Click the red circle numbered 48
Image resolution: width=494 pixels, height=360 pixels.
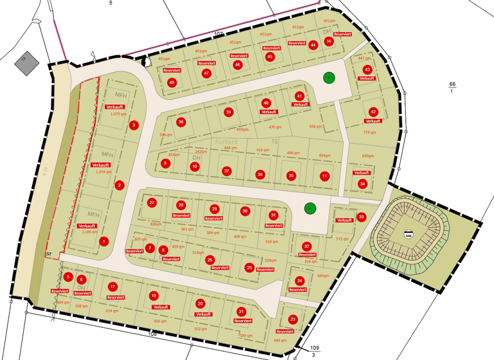[172, 82]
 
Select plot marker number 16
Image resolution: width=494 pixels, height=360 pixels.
[329, 41]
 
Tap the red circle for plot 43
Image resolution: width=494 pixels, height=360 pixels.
[367, 69]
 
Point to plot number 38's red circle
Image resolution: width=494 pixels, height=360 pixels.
[181, 122]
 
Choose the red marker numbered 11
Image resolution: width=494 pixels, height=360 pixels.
[324, 175]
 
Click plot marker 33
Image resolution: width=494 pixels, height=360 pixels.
[361, 217]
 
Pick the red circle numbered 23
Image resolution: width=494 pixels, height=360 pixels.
[293, 319]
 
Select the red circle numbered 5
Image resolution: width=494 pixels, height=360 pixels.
[68, 276]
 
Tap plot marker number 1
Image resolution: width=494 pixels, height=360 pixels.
[104, 242]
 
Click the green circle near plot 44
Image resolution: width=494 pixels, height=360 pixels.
[329, 78]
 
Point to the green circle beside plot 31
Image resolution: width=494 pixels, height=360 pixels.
[310, 208]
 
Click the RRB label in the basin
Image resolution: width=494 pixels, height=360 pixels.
[408, 235]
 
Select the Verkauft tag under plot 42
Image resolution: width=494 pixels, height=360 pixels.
[372, 121]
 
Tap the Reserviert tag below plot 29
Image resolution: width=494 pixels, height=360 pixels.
[214, 219]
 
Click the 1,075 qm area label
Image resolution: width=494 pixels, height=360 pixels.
[118, 114]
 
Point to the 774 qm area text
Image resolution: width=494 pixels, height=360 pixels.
[369, 132]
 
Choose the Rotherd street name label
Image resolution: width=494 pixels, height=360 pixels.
[226, 141]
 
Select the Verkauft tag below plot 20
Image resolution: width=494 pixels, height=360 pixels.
[203, 314]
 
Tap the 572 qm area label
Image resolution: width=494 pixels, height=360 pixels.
[342, 239]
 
